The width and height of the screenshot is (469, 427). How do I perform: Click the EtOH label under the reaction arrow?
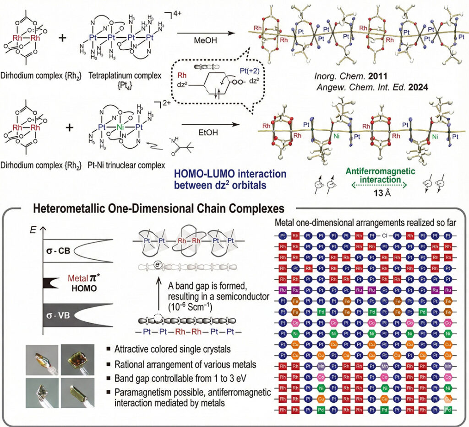pos(201,133)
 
